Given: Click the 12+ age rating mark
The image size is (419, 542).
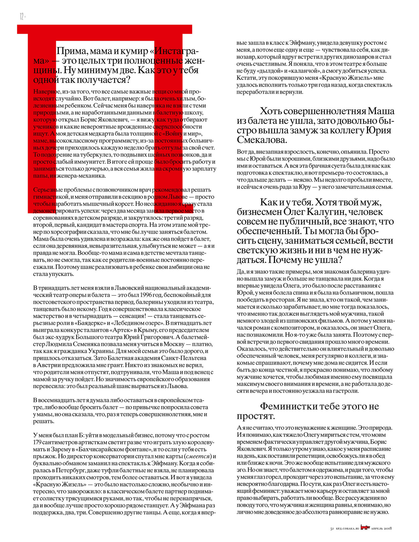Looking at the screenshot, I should coord(23,17).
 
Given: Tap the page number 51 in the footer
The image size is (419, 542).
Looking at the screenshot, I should coord(332,529).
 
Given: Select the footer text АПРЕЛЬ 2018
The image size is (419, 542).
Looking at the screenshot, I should coord(381,529).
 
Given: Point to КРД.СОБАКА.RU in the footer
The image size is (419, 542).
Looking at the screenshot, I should coord(348,529).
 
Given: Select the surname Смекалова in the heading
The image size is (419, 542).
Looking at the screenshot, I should coord(262,140).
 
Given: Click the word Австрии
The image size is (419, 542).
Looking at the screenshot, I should coord(49,365).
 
